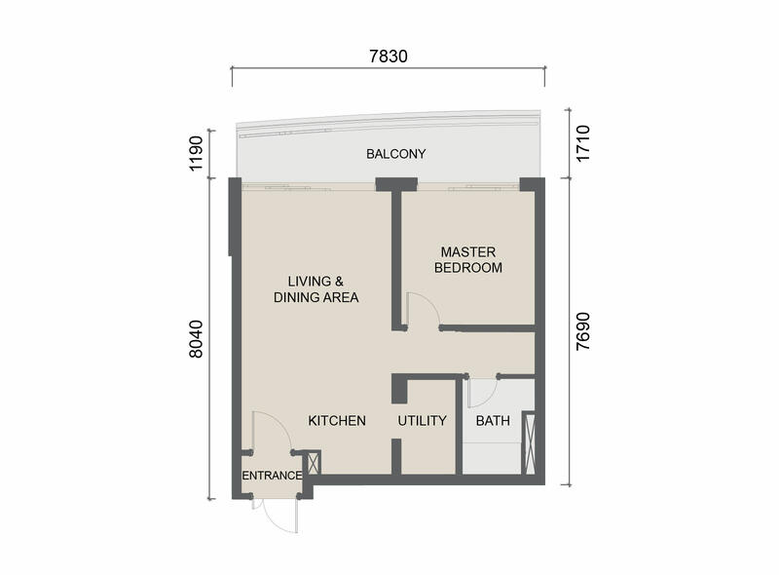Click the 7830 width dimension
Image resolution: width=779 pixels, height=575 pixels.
pos(389,57)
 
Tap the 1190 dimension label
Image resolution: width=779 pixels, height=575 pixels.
pos(197,153)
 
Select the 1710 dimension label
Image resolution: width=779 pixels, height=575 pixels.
pos(582,143)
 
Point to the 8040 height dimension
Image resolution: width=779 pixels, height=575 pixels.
pos(197,339)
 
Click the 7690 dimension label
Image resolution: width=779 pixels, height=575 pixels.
pos(582,331)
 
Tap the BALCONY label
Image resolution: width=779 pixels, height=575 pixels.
pos(396,154)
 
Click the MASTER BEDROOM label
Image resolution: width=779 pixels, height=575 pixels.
pos(468,259)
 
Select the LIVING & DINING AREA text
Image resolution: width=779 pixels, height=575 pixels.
pos(315,289)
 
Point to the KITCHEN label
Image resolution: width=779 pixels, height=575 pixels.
pos(337,421)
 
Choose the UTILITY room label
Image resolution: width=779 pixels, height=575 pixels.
pos(423,421)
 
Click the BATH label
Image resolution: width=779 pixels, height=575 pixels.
pos(493,421)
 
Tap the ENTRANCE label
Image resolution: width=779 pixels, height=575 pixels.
pos(272,476)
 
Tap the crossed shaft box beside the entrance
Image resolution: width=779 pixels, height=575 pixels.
pos(315,463)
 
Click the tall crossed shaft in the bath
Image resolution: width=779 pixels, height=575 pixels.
pos(529,442)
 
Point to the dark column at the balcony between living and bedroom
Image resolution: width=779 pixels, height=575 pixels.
pos(396,184)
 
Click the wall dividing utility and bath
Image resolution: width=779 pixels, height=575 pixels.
pos(459,426)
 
